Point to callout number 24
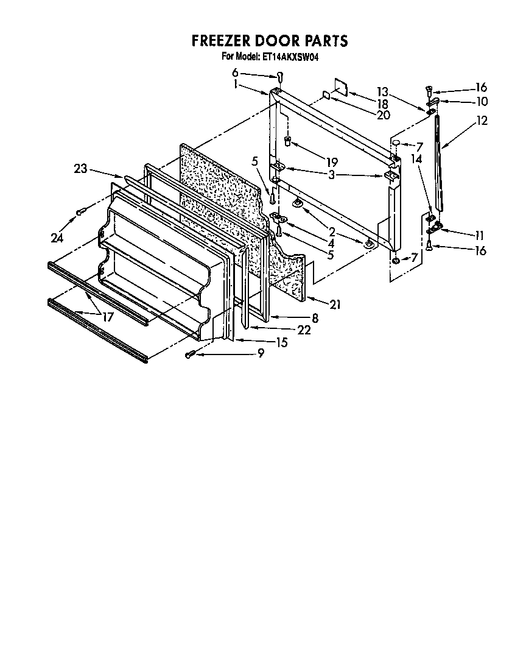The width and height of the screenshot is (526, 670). point(57,238)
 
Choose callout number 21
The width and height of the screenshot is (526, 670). point(334,305)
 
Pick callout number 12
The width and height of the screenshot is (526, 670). point(482,121)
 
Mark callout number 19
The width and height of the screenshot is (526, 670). point(331,163)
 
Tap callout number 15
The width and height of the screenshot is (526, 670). point(281,342)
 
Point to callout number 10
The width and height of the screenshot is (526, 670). point(482,101)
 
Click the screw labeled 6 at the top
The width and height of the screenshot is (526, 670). point(280,76)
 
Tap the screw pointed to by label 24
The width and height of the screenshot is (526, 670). point(80,212)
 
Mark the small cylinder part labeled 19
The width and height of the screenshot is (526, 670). point(288,142)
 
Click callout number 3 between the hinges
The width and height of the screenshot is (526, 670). point(331,175)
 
